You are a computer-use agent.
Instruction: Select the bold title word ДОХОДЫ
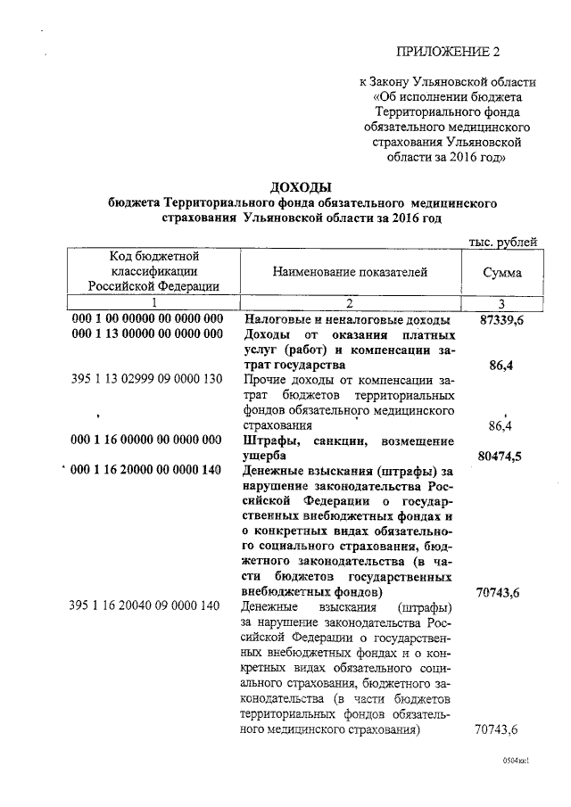point(301,187)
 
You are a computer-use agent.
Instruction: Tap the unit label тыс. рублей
point(503,242)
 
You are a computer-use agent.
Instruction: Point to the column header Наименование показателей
point(351,272)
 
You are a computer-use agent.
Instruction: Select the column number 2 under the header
point(351,302)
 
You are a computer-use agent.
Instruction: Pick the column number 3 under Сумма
point(502,302)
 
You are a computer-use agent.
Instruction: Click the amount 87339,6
point(499,318)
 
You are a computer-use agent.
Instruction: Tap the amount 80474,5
point(499,457)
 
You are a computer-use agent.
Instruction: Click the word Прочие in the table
point(266,380)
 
